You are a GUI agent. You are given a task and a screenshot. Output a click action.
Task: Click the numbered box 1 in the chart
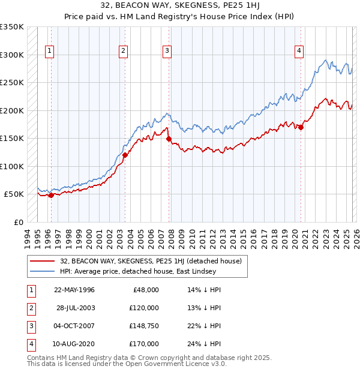pos(49,52)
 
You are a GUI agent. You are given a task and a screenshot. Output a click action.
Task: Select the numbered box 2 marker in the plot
pos(122,52)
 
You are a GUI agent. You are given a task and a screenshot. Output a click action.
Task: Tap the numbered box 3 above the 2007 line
pos(166,52)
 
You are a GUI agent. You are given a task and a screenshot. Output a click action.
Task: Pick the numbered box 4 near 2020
pos(298,52)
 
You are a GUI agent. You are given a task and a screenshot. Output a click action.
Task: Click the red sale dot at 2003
pos(125,155)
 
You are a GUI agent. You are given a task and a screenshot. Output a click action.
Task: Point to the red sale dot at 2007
pos(169,139)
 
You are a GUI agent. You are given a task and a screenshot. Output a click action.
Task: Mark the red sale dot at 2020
pos(301,127)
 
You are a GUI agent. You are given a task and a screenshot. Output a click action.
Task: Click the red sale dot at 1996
pos(51,195)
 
